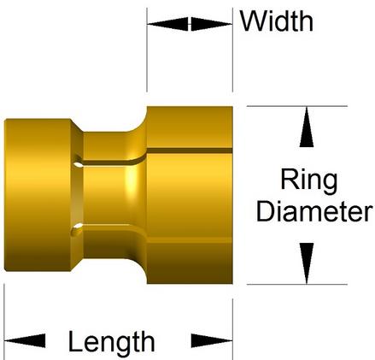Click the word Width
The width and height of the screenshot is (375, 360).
(x=277, y=21)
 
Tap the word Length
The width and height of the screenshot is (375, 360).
(x=112, y=341)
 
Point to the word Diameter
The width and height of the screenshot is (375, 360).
(x=314, y=212)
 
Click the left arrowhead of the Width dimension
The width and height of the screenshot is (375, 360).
(x=167, y=24)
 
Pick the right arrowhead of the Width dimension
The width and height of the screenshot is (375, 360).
(x=212, y=24)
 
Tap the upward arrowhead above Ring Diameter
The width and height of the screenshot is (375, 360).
(x=307, y=127)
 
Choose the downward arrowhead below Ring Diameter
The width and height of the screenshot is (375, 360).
(x=307, y=263)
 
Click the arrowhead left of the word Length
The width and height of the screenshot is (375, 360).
(x=25, y=340)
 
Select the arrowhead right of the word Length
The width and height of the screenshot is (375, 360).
(x=212, y=340)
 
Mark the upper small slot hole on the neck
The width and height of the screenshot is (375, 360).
(x=78, y=164)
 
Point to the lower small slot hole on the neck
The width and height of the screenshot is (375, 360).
(x=78, y=227)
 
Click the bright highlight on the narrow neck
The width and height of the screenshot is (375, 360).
(x=132, y=180)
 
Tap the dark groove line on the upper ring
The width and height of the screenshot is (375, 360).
(x=190, y=150)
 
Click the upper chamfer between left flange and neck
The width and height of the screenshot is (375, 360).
(x=77, y=126)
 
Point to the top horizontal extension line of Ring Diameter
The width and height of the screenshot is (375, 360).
(x=297, y=106)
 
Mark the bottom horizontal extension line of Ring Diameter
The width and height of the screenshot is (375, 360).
(x=297, y=284)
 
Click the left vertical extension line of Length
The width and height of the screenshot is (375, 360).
(x=4, y=322)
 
